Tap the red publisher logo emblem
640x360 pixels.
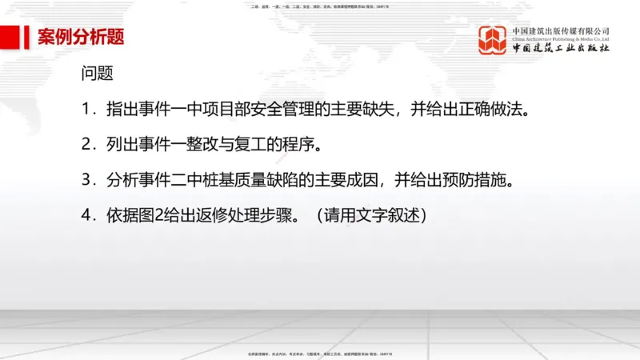pyautogui.click(x=494, y=40)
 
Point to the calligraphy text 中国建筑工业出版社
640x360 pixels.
pyautogui.click(x=561, y=50)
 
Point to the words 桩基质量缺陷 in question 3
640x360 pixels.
pyautogui.click(x=247, y=180)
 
